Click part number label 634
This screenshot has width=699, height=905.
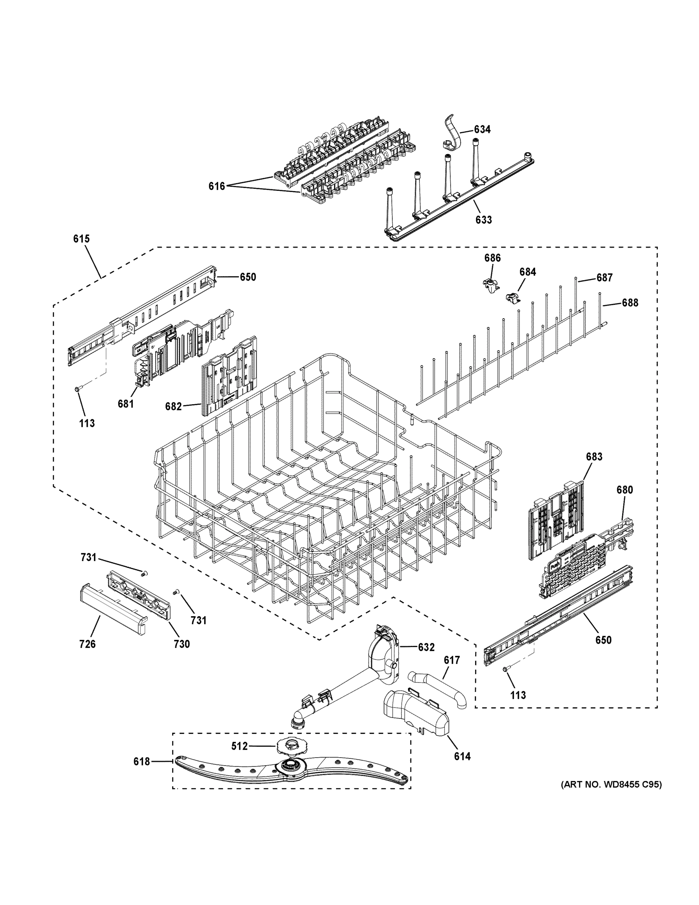click(482, 130)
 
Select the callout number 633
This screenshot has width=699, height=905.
click(483, 219)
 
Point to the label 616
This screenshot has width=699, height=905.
click(217, 187)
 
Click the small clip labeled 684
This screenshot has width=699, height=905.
click(512, 298)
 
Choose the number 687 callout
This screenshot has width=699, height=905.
click(604, 278)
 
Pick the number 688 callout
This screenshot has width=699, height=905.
click(629, 303)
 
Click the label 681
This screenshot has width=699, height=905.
click(125, 403)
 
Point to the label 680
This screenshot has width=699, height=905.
click(624, 490)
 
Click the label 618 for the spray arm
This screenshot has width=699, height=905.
click(141, 762)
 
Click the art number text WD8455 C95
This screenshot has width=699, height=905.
click(611, 785)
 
